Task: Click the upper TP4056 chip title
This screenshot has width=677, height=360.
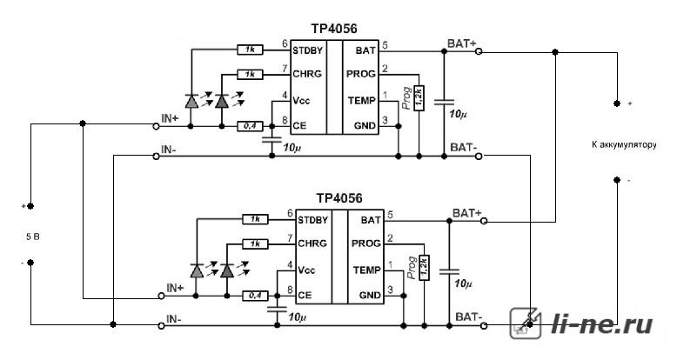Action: (334, 29)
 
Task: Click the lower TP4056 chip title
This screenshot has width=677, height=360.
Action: (339, 198)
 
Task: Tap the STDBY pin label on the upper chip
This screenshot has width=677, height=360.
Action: (307, 50)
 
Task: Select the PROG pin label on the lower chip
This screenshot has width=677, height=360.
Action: (366, 243)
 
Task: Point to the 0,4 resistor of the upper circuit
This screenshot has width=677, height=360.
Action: (250, 126)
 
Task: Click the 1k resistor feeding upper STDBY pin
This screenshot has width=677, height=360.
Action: (250, 50)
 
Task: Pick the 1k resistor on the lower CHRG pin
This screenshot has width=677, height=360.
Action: (255, 244)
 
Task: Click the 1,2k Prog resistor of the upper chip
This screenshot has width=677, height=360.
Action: (419, 98)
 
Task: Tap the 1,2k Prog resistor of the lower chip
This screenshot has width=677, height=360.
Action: (424, 268)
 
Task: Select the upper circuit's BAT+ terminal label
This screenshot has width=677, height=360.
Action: (462, 43)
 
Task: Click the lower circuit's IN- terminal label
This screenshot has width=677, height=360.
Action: (173, 319)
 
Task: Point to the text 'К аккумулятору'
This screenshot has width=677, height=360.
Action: (624, 144)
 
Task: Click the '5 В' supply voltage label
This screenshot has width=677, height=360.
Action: (33, 237)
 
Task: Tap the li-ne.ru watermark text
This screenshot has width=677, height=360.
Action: (602, 323)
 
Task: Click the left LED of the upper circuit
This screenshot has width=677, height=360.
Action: (191, 101)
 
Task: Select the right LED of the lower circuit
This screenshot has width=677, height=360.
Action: (227, 270)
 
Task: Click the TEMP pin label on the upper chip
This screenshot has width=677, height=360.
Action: (362, 101)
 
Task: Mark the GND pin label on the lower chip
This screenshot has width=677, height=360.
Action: (371, 296)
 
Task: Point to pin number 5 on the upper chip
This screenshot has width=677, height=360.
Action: (385, 44)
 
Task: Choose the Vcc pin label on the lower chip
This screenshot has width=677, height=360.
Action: (306, 270)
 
